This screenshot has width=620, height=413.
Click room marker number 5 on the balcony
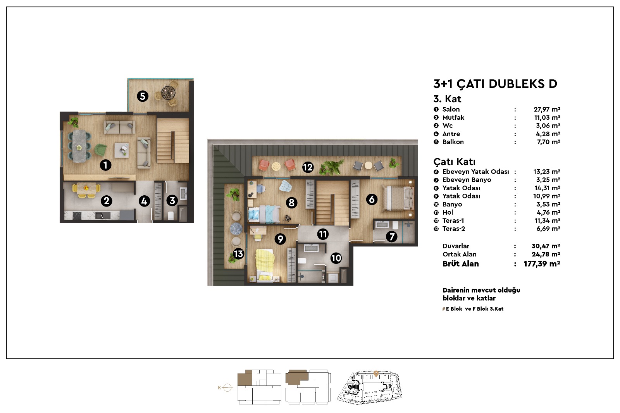143,96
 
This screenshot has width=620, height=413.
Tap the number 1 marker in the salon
105,165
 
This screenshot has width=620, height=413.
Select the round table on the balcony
168,91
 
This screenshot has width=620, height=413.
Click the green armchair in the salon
100,150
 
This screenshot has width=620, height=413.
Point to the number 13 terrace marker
238,253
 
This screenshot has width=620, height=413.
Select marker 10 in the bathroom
336,258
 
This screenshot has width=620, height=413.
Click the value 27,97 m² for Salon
547,109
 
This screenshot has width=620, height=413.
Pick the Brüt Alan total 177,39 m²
542,264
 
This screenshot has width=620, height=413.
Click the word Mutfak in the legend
453,117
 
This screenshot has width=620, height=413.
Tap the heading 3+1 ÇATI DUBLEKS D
495,84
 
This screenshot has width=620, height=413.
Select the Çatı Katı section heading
455,162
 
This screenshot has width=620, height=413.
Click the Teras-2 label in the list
454,229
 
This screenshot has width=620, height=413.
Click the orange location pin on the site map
376,374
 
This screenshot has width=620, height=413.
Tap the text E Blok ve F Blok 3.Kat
474,309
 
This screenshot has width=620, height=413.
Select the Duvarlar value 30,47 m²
546,246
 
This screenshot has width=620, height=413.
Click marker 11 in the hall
323,234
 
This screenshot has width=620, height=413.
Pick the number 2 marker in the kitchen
107,201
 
